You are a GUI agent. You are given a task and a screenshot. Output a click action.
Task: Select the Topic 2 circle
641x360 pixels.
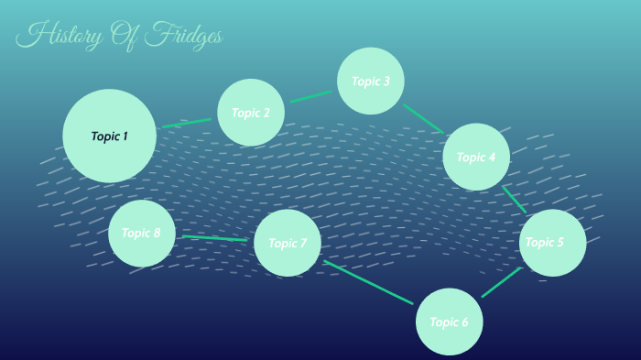(251, 113)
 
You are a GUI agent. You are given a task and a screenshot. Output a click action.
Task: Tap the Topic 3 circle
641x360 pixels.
(371, 81)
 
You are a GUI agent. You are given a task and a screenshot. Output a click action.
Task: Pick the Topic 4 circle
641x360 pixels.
(476, 157)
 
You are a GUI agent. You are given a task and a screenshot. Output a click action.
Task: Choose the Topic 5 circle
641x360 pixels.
(552, 243)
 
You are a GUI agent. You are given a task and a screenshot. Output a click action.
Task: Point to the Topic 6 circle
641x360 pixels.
(449, 322)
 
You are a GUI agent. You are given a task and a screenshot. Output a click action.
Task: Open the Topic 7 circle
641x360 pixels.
(288, 243)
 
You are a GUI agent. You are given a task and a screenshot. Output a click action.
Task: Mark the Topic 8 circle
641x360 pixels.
(141, 233)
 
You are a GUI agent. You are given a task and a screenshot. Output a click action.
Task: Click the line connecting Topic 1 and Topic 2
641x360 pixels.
(187, 123)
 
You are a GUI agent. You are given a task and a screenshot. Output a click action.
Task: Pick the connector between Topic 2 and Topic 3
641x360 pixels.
(310, 96)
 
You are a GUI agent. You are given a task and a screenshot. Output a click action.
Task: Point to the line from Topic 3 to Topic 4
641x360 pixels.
(423, 118)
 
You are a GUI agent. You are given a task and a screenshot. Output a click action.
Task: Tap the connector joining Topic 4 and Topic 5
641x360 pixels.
(514, 199)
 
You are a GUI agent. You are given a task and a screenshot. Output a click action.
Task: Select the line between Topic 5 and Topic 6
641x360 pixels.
(501, 282)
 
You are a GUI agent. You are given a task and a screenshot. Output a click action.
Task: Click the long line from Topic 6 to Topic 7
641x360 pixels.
(368, 282)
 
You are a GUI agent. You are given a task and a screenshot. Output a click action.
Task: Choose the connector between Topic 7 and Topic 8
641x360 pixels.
(214, 238)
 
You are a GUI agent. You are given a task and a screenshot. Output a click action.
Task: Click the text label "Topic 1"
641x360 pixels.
(109, 136)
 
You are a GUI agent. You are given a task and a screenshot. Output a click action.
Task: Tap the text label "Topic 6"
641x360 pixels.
(449, 322)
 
